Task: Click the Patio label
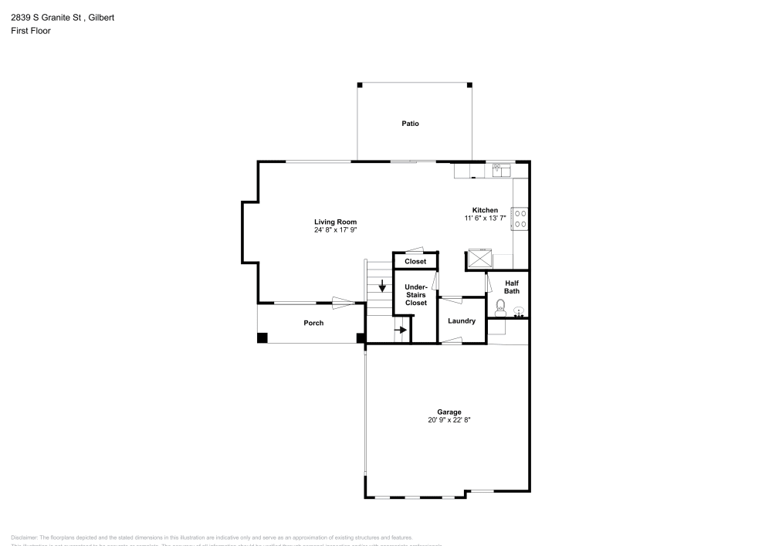(410, 124)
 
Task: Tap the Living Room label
(335, 222)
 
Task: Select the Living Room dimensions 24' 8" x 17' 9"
(335, 230)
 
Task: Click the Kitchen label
(485, 210)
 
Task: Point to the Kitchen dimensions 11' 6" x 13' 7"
(485, 219)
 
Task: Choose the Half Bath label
(512, 287)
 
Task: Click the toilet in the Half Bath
(499, 313)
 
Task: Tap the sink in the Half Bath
(519, 312)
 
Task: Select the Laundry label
(462, 321)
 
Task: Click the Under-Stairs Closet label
(415, 294)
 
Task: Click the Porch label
(313, 323)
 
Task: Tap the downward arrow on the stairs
(381, 287)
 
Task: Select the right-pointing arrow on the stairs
(401, 330)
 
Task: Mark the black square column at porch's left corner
(262, 337)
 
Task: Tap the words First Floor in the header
(31, 31)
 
